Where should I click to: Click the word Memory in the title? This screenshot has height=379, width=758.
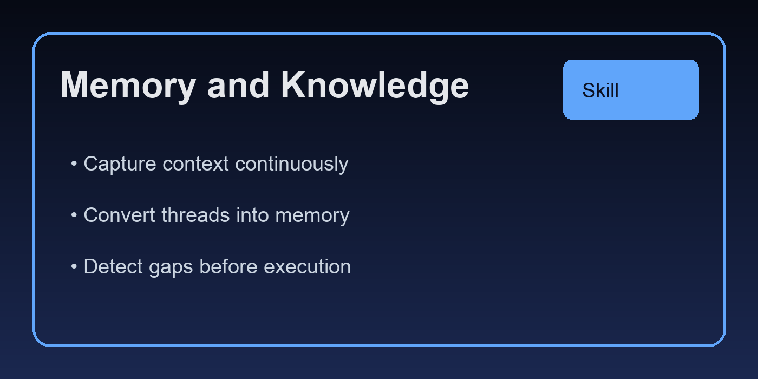(x=127, y=86)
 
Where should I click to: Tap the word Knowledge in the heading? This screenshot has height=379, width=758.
(x=375, y=86)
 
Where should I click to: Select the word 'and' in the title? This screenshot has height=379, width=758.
(x=238, y=86)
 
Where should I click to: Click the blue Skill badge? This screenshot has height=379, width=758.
(x=631, y=89)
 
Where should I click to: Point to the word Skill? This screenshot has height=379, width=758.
(x=600, y=90)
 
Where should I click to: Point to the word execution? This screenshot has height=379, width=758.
(x=307, y=267)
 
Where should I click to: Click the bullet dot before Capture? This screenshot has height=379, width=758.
(x=74, y=164)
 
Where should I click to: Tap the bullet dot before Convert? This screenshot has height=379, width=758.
(x=74, y=215)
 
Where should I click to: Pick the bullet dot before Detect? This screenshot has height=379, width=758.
(x=74, y=267)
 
